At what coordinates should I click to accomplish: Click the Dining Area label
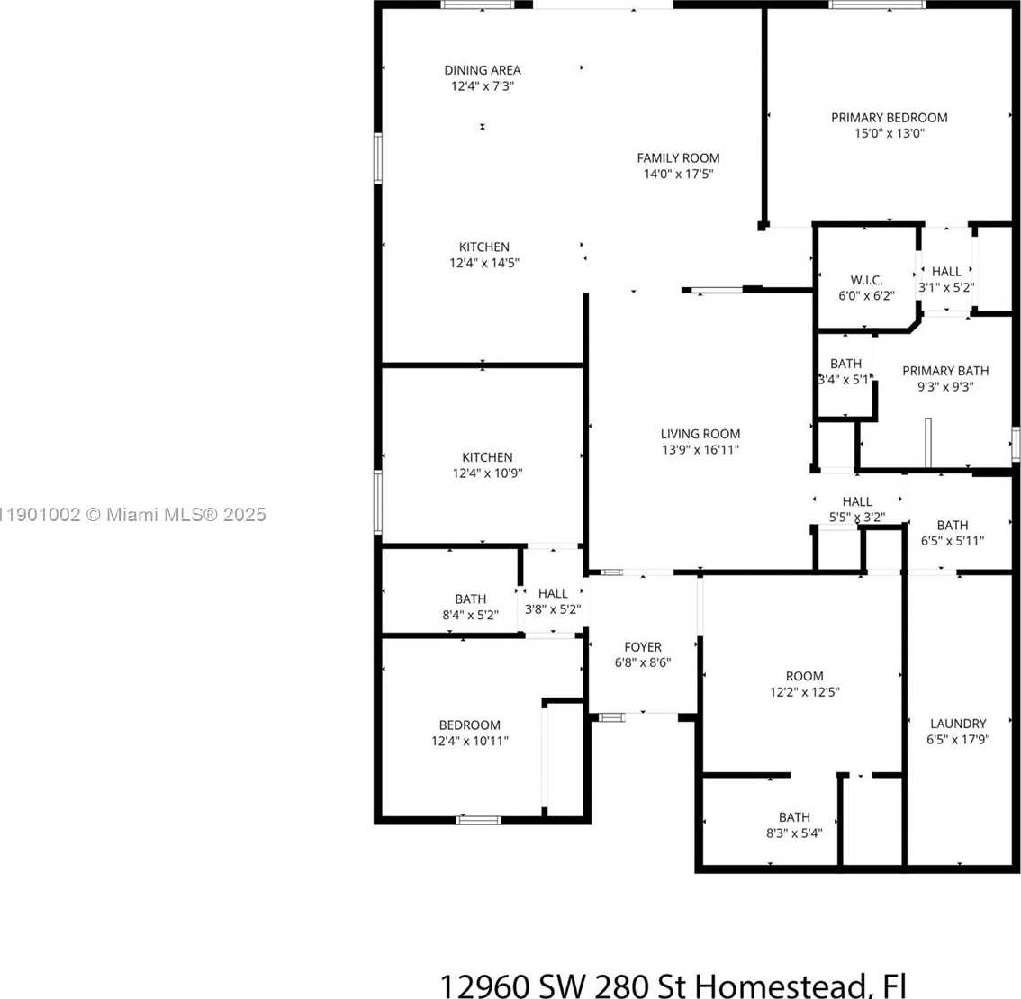[483, 70]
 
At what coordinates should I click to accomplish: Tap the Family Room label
[679, 158]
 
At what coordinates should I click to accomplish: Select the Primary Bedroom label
[890, 118]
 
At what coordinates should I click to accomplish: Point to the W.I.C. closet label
[867, 281]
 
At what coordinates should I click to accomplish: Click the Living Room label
[700, 434]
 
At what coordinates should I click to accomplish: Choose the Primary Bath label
[945, 371]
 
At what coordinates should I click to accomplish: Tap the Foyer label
[643, 648]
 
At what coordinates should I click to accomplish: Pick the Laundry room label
[959, 724]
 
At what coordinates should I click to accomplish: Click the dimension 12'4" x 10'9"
[488, 473]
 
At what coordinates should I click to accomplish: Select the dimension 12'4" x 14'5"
[484, 263]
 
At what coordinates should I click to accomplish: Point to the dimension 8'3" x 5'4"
[794, 833]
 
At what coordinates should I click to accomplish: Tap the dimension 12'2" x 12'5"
[805, 692]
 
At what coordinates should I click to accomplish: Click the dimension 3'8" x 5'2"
[553, 610]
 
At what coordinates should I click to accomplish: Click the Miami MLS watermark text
[133, 515]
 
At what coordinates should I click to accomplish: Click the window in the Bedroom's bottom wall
[479, 820]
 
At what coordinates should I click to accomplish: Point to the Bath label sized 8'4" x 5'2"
[471, 599]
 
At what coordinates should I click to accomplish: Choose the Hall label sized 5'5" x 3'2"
[857, 502]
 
